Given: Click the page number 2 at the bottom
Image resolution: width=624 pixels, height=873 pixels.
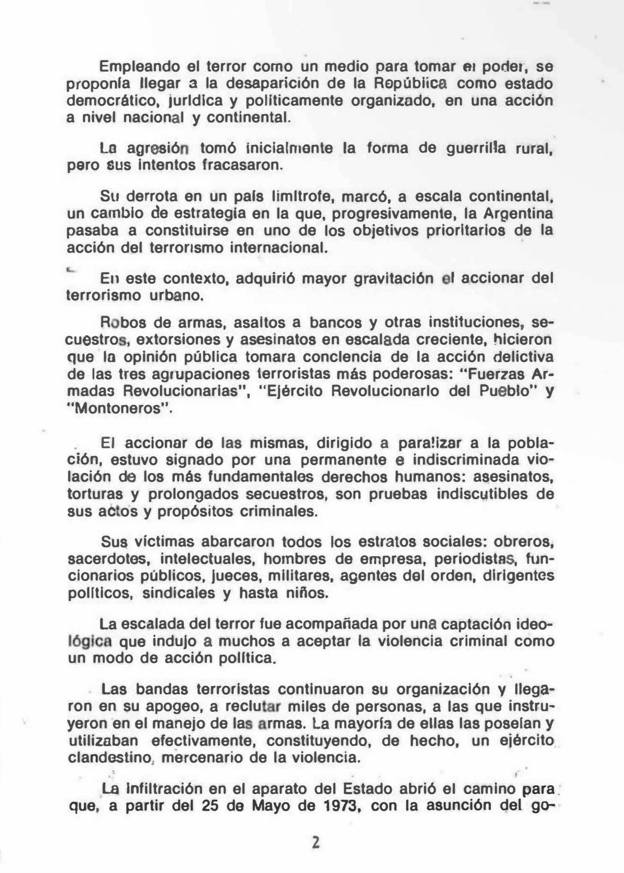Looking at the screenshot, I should tap(316, 843).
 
